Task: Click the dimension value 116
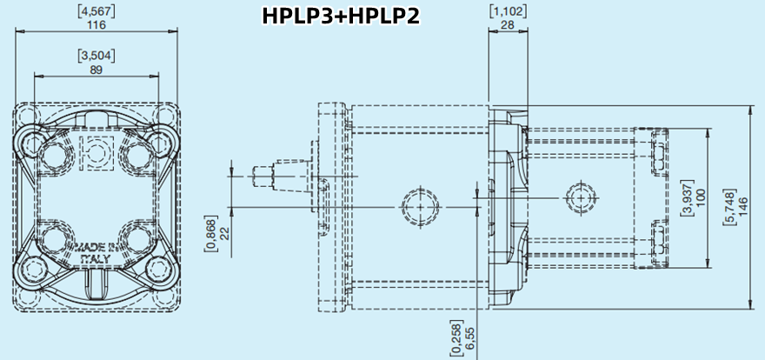point(96,25)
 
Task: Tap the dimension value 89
point(96,69)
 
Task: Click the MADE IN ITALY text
point(96,252)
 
